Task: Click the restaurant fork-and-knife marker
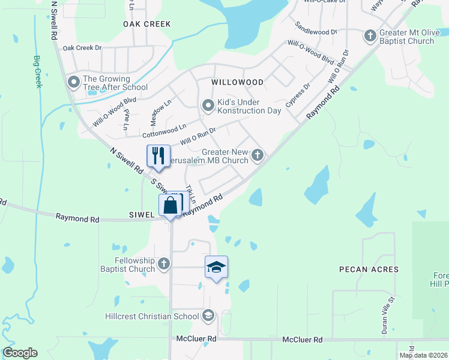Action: pyautogui.click(x=158, y=156)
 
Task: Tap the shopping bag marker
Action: pyautogui.click(x=170, y=205)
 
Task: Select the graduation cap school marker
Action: pyautogui.click(x=216, y=266)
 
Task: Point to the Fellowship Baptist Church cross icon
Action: pyautogui.click(x=163, y=263)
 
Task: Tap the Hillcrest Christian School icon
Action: pyautogui.click(x=208, y=316)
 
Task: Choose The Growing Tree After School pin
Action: pyautogui.click(x=74, y=82)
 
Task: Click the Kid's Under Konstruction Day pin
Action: pyautogui.click(x=208, y=106)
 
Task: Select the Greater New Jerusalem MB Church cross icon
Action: pyautogui.click(x=258, y=155)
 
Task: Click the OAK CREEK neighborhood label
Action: pyautogui.click(x=147, y=24)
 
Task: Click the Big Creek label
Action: pyautogui.click(x=38, y=72)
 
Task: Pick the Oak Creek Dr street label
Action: pyautogui.click(x=83, y=48)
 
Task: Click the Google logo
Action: pyautogui.click(x=20, y=353)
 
